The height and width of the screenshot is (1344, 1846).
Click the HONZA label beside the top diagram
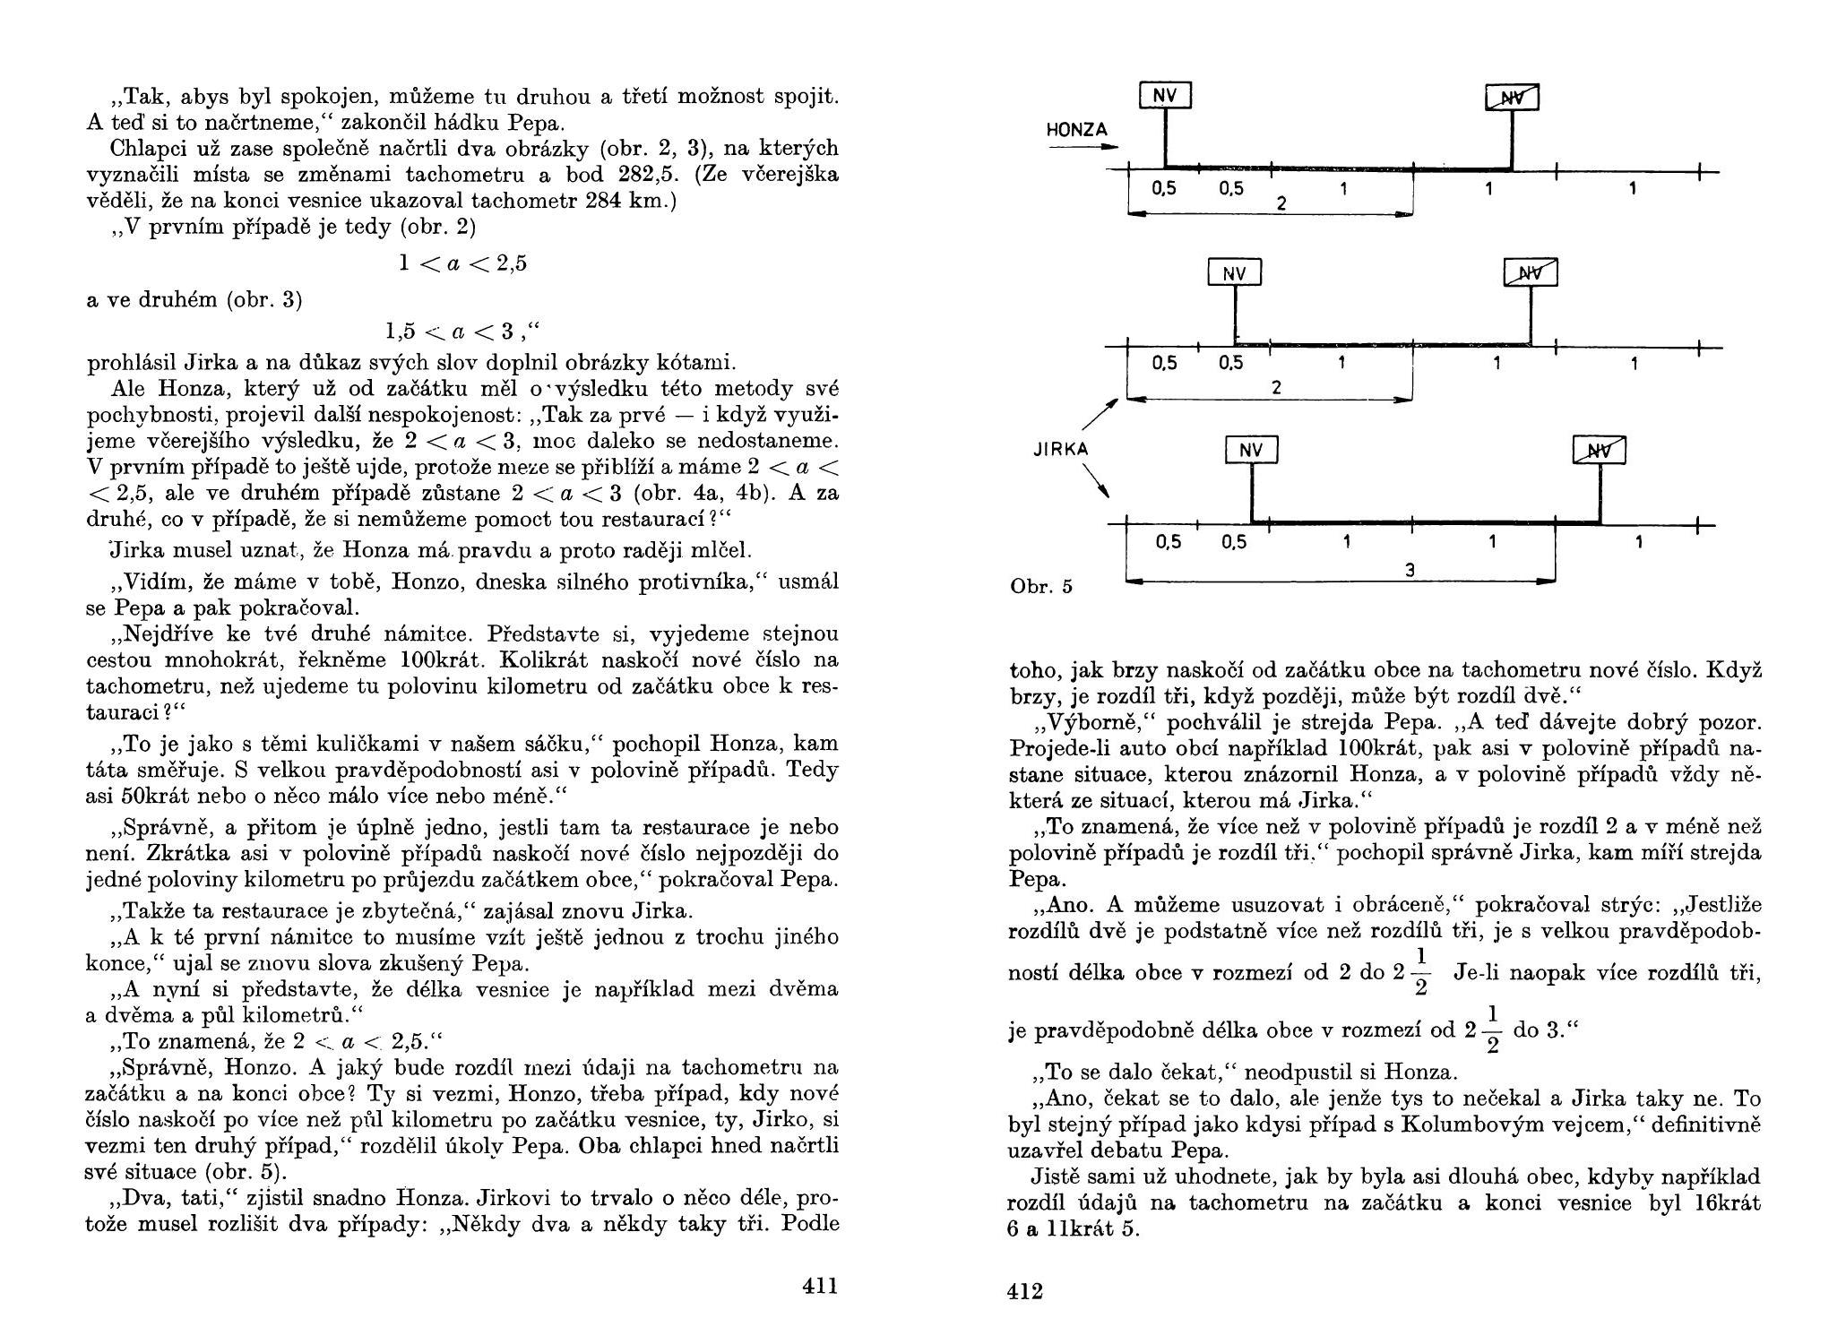click(x=1077, y=130)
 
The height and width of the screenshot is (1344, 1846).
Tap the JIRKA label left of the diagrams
click(x=1061, y=449)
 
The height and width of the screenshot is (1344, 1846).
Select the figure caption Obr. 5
click(x=1040, y=587)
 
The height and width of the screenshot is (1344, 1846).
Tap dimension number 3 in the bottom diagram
click(x=1409, y=570)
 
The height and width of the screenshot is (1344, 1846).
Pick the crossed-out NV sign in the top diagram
click(x=1512, y=98)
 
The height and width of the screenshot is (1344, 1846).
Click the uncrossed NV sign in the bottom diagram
click(x=1251, y=450)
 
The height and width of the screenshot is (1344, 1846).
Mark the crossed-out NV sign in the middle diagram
click(x=1531, y=272)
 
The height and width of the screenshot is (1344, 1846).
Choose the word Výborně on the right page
click(x=1071, y=721)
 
